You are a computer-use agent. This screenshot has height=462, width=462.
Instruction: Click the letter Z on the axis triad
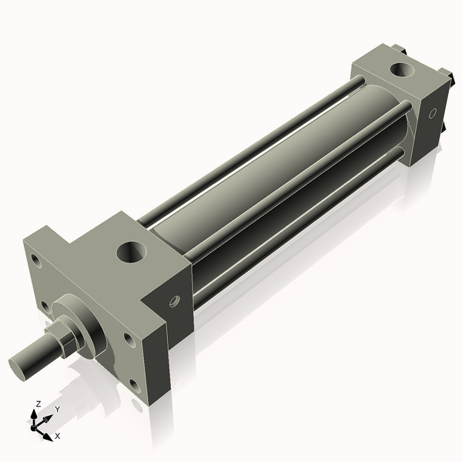38,403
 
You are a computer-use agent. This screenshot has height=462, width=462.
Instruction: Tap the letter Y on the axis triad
58,410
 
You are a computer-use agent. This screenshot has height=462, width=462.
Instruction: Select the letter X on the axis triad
58,436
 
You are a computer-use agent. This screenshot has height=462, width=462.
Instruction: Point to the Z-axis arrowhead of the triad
34,414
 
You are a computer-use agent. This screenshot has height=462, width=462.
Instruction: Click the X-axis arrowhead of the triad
48,437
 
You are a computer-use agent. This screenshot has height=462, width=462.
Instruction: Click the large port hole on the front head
132,252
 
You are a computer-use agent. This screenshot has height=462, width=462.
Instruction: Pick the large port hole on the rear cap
402,70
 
